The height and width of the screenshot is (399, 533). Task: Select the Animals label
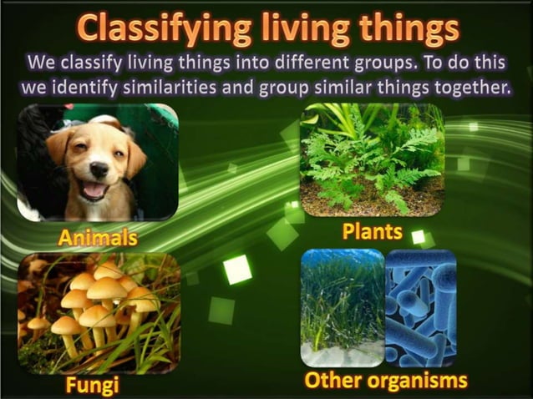tap(98, 238)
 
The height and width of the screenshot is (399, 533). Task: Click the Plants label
tap(373, 230)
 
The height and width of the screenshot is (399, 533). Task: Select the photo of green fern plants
tap(373, 159)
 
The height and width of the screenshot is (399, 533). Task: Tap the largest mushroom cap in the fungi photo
tap(107, 289)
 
